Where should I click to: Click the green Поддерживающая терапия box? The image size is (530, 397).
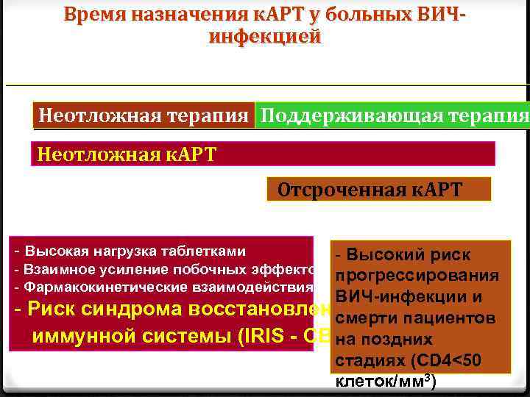(x=392, y=115)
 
